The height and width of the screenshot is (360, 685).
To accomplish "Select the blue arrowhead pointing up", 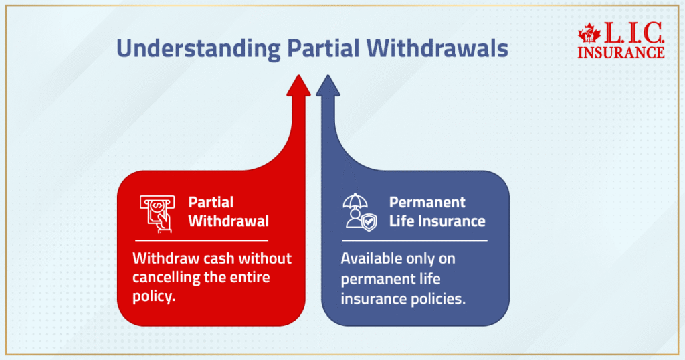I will tap(327, 86).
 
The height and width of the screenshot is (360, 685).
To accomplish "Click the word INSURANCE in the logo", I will tap(621, 52).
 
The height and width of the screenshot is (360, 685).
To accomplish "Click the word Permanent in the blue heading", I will tap(427, 202).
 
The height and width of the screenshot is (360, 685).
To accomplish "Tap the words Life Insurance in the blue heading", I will tap(437, 221).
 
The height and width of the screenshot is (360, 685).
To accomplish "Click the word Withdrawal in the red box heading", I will tap(228, 221).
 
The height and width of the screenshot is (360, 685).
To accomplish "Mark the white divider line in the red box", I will tap(201, 240).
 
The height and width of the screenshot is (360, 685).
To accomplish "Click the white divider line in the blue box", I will tap(415, 240).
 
